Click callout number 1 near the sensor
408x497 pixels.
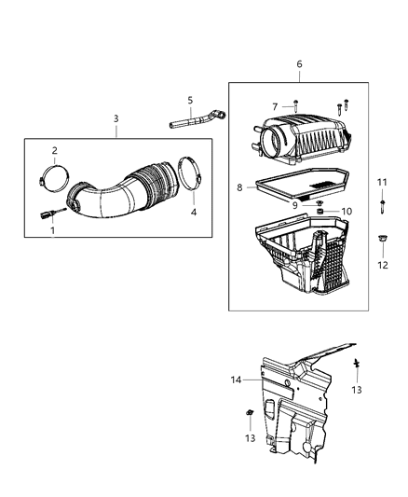tap(52, 229)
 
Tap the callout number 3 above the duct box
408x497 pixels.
tap(116, 118)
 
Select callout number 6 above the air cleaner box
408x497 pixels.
tap(299, 63)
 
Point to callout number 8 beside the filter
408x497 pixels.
tap(239, 187)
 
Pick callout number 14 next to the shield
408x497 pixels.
tap(238, 379)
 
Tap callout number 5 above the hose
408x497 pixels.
tap(189, 100)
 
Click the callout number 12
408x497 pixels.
tap(382, 265)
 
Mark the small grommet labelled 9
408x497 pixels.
tap(318, 202)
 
